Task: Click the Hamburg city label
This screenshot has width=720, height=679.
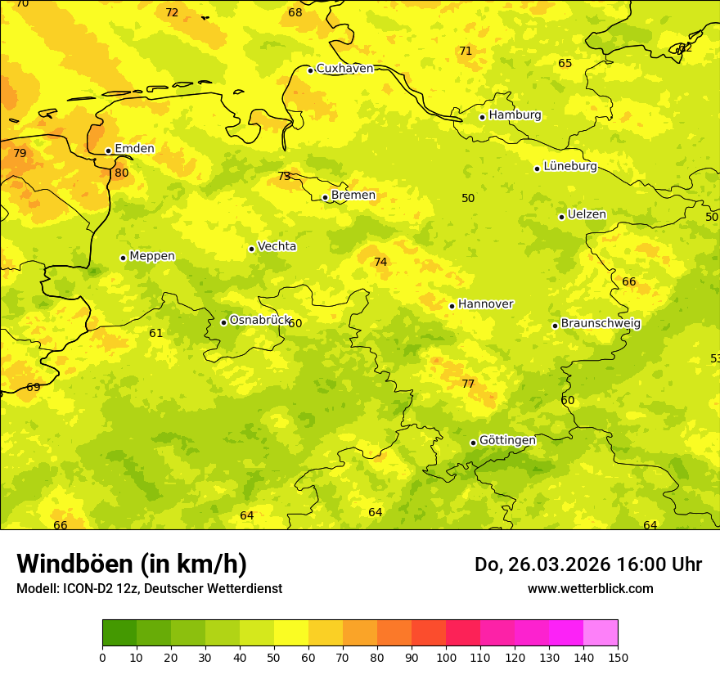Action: (515, 115)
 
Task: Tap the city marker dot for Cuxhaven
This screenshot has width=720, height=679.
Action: (311, 70)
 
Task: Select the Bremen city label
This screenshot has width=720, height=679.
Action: (353, 196)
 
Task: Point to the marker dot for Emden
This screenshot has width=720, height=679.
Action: (108, 151)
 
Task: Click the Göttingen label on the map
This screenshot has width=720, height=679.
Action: (507, 441)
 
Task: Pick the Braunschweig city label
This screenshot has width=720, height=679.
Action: (601, 324)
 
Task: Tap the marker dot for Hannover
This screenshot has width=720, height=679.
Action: (452, 306)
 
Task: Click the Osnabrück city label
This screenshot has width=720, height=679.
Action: (259, 321)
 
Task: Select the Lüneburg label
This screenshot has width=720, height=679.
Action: (569, 167)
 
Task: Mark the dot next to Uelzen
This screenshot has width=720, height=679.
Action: (561, 217)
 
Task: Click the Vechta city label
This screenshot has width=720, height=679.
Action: (277, 247)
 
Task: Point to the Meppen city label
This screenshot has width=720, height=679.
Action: (151, 257)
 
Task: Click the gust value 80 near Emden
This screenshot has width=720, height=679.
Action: (122, 173)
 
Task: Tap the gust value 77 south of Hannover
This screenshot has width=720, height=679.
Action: (468, 384)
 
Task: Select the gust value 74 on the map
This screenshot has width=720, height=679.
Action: (380, 263)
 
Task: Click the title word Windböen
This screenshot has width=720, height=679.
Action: (74, 564)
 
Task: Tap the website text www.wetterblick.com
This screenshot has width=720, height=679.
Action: (590, 589)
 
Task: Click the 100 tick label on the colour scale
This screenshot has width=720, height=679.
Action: (446, 658)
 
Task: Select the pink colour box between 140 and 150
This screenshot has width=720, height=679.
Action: (601, 633)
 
